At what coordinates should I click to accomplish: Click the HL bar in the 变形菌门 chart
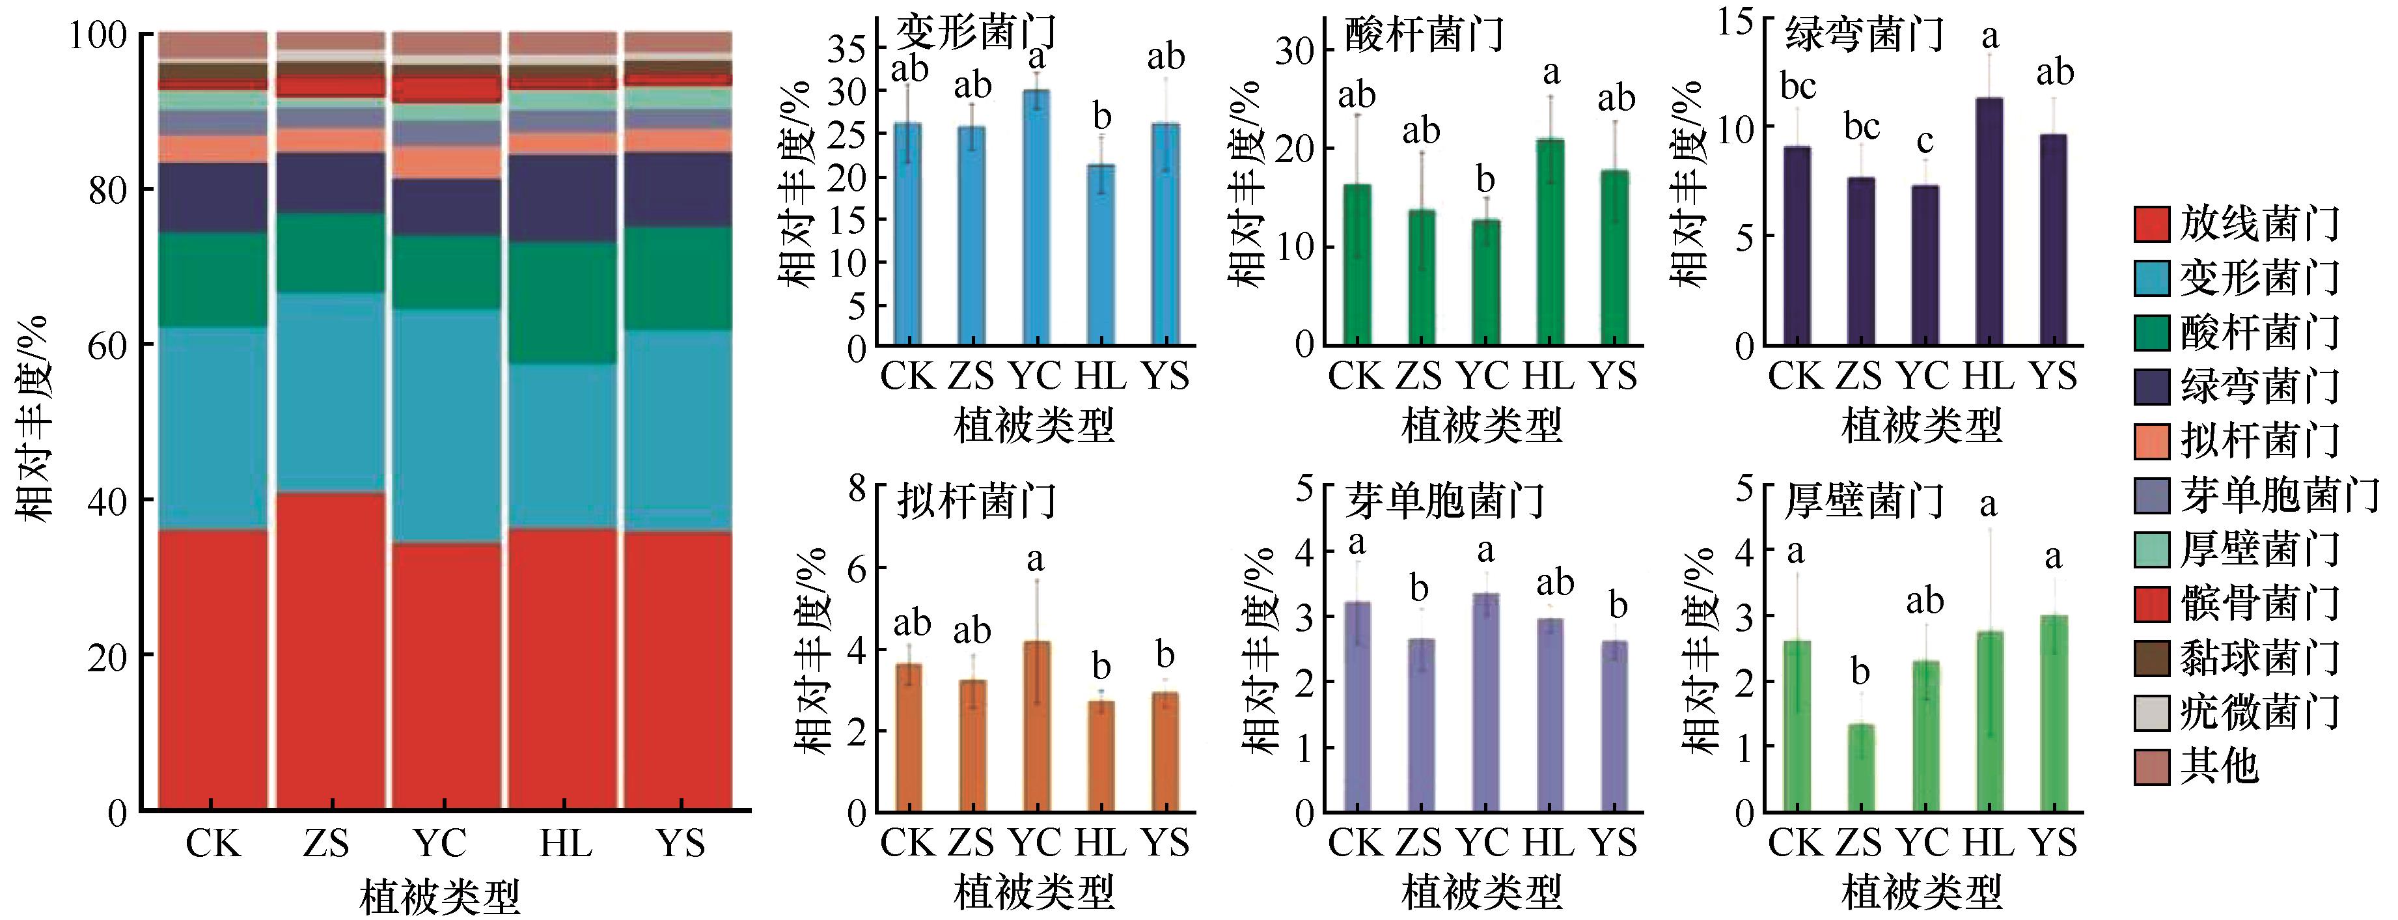point(1101,256)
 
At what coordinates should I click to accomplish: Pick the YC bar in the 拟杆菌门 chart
point(1036,727)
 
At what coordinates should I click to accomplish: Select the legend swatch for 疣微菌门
point(2151,714)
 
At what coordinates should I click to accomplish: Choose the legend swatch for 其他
point(2151,767)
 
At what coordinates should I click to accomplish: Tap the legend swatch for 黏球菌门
point(2151,658)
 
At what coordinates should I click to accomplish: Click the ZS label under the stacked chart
point(326,844)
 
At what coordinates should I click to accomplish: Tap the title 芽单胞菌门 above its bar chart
point(1445,501)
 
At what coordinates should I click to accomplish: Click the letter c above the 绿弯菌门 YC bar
point(1925,141)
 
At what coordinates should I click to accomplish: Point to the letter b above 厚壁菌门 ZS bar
point(1860,671)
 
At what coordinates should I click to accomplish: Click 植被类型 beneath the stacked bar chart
point(439,896)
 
